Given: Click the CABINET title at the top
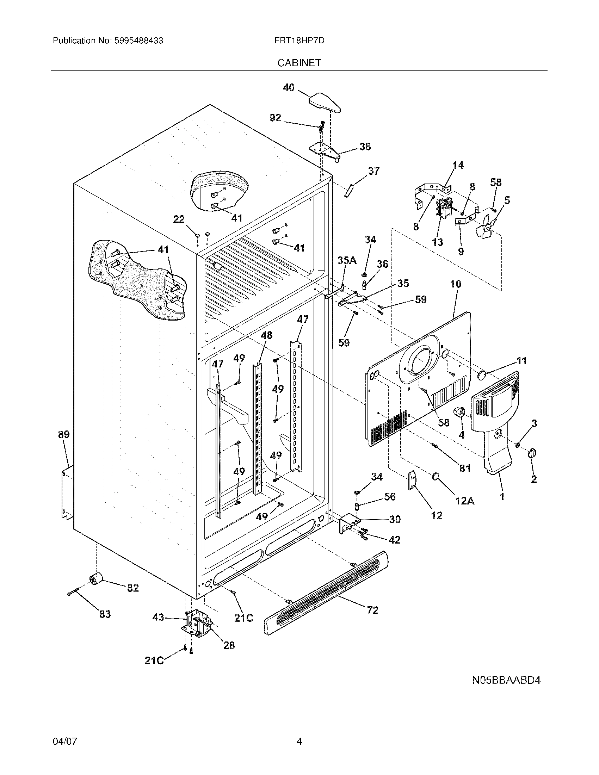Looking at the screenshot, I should coord(299,63).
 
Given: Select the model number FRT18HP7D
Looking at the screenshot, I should coord(299,41).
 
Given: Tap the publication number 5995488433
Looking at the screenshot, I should coord(139,41).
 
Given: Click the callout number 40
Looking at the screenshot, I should coord(289,87).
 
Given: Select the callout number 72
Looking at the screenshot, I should coord(372,610).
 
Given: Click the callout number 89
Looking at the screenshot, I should coord(63,434).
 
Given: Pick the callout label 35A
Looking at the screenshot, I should coord(347,260).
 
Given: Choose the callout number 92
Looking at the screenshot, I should coord(276,118).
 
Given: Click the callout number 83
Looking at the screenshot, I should coord(105,614).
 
